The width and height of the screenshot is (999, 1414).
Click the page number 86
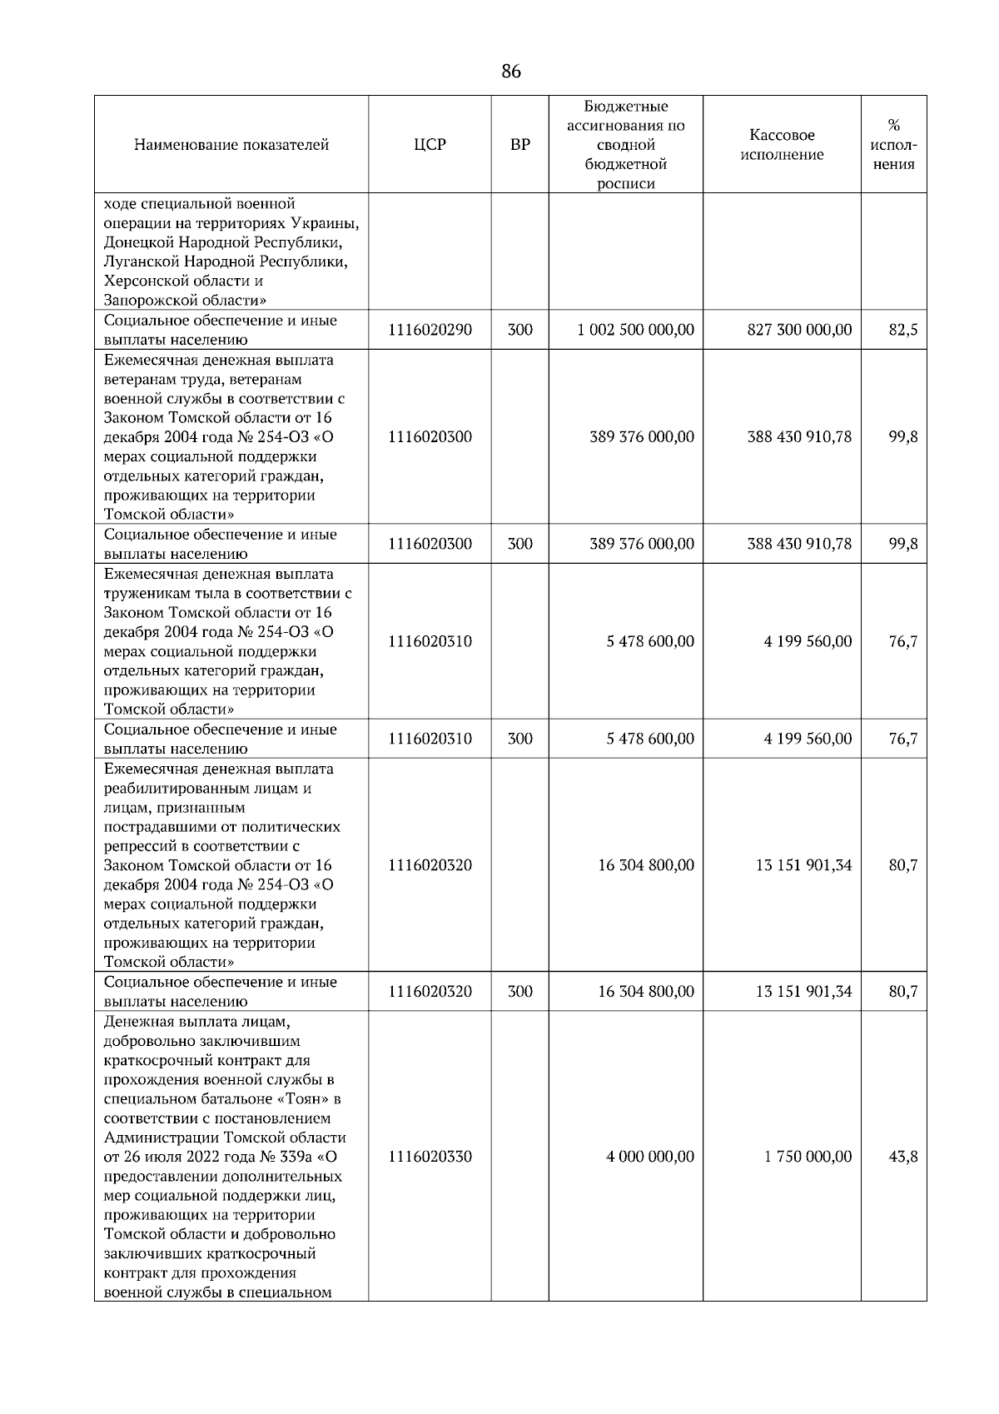(511, 72)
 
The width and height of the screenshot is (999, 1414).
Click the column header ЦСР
(430, 145)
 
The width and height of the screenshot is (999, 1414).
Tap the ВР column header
(519, 145)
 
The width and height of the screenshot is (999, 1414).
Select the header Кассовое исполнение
(782, 145)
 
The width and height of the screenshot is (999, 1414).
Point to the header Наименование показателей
(231, 145)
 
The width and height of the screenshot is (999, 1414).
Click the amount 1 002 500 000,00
(635, 330)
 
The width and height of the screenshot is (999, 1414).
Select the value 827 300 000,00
(799, 330)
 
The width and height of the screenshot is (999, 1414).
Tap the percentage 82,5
(902, 330)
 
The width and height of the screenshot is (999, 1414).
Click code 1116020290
(430, 330)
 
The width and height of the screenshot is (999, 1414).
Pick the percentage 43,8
(902, 1157)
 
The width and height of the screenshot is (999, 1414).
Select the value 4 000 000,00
(649, 1157)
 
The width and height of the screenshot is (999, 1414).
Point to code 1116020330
(430, 1157)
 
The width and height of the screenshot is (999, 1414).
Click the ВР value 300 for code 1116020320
(519, 992)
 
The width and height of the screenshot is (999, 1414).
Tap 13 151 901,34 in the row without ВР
(803, 865)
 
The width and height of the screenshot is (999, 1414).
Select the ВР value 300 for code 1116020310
(519, 739)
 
